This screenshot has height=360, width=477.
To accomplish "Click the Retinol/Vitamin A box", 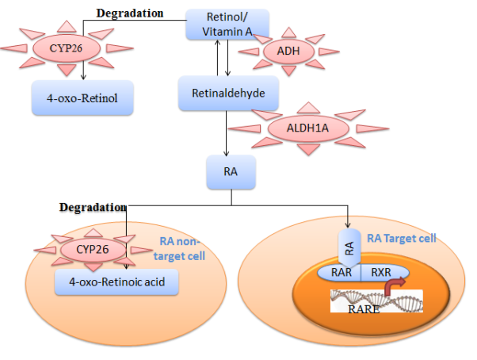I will [x=227, y=24].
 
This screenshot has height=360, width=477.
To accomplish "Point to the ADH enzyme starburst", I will [x=283, y=52].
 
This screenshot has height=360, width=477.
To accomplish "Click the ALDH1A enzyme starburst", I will [x=309, y=128].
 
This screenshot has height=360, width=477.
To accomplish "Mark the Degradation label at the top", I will [x=130, y=13].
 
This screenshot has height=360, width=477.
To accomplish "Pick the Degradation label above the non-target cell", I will [x=93, y=207].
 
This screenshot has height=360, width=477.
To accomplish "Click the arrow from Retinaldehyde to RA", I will [x=227, y=131].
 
